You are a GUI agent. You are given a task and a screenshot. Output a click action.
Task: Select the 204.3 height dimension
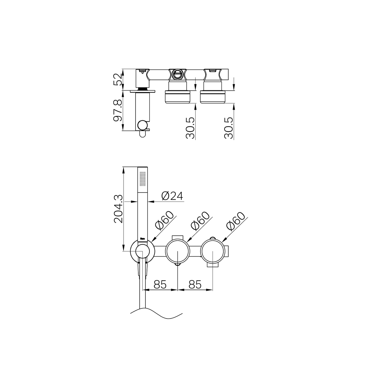point(118,209)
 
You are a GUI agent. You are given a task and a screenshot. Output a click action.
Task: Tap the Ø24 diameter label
point(172,196)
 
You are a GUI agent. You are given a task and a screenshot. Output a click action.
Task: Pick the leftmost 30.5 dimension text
point(191,128)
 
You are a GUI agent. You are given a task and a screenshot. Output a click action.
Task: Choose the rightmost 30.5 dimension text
point(229,128)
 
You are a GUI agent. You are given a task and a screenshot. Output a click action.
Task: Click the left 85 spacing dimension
point(160,284)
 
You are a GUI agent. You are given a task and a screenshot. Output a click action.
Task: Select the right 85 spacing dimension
point(195,284)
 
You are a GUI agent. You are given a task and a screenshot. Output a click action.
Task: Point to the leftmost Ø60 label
point(165,221)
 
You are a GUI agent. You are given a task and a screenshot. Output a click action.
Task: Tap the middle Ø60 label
point(200,221)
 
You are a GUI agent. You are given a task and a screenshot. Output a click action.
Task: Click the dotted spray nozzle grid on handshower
point(142,178)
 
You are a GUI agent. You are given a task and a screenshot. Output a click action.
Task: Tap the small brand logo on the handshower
point(143,238)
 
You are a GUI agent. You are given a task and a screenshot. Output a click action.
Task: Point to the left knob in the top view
point(177,96)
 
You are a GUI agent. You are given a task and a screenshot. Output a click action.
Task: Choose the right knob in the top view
point(213,96)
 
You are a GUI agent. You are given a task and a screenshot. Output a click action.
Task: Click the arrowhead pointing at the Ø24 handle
point(150,202)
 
